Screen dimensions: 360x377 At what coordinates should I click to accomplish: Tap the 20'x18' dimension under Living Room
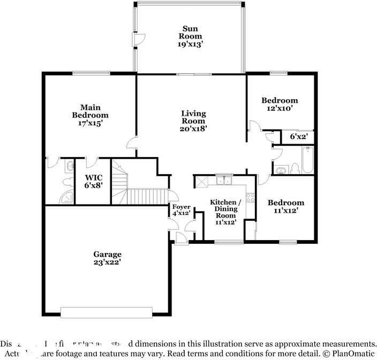pos(193,129)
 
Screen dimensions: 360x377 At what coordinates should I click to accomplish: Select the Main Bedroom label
pos(90,111)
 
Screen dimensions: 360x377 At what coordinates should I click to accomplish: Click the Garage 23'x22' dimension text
pos(108,262)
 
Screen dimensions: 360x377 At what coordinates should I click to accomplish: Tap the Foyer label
pos(178,207)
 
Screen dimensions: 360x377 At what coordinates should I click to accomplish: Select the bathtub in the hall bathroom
pos(307,160)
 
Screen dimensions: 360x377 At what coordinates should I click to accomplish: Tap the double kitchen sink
pos(224,181)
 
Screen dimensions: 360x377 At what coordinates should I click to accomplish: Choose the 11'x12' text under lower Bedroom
pos(285,211)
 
